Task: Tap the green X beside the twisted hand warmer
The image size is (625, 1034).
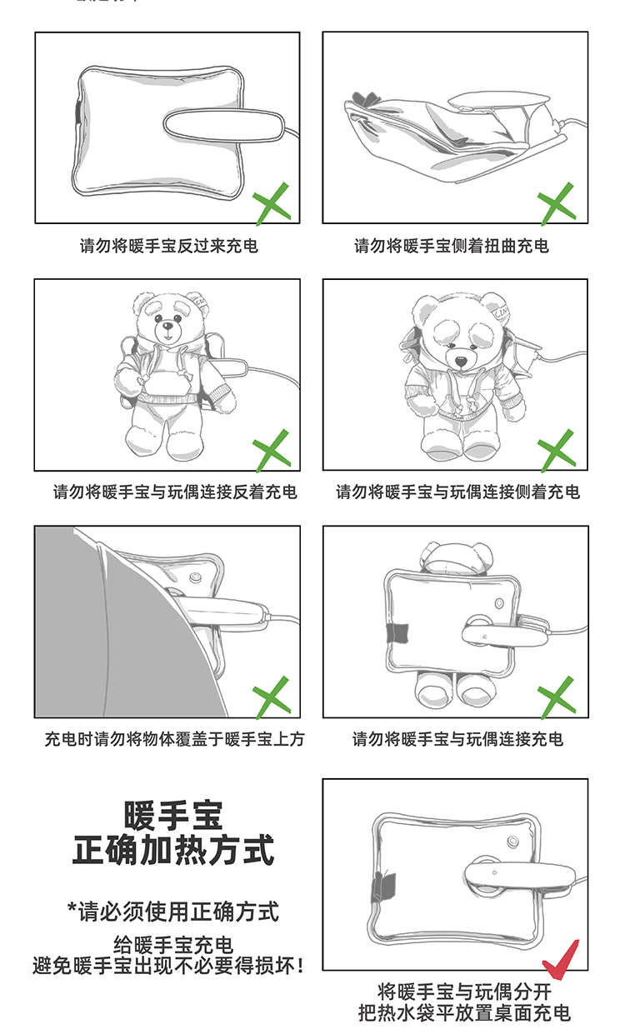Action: click(557, 203)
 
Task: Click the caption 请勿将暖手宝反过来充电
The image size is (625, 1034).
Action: click(169, 246)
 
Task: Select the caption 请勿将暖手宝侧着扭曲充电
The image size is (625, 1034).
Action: click(452, 246)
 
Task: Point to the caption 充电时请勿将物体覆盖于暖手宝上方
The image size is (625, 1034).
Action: click(174, 739)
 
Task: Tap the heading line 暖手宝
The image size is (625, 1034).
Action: click(173, 816)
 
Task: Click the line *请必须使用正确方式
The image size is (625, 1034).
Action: click(173, 912)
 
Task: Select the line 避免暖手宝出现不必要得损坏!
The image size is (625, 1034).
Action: click(168, 966)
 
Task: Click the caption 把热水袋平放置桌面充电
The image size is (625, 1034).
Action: click(464, 1013)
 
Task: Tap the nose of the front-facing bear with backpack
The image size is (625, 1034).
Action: click(167, 327)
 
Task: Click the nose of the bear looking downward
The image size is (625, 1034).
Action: click(461, 362)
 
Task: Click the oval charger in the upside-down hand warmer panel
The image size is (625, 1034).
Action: click(224, 125)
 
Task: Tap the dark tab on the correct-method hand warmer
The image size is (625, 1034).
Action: click(384, 887)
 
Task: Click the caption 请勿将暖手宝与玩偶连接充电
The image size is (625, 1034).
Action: click(457, 739)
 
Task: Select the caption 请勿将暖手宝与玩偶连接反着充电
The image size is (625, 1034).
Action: click(174, 492)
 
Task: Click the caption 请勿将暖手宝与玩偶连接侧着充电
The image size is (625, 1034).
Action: click(457, 492)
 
